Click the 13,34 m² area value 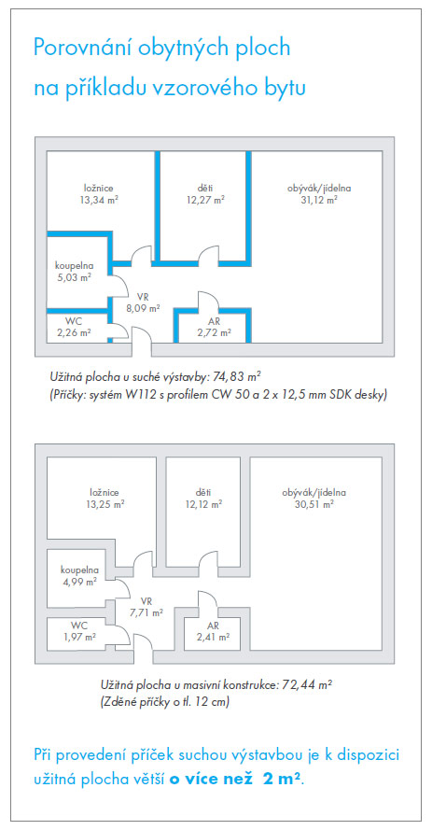(x=98, y=199)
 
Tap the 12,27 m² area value (x=205, y=199)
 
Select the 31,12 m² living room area (x=319, y=199)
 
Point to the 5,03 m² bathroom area (x=73, y=276)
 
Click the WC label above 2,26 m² (x=73, y=321)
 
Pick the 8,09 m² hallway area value (x=144, y=307)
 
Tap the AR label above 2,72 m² (x=215, y=321)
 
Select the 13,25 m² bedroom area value (x=105, y=504)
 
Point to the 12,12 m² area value (x=203, y=504)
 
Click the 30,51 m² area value (x=314, y=504)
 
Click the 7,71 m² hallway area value (x=146, y=613)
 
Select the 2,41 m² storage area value (x=214, y=637)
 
